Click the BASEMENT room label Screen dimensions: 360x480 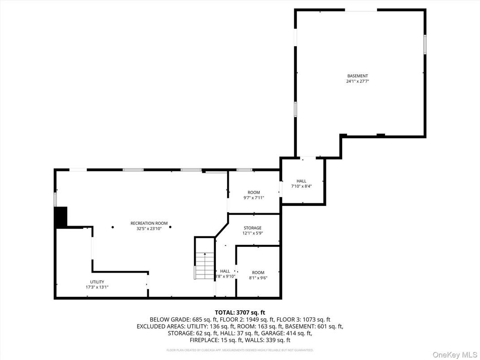[x=357, y=76]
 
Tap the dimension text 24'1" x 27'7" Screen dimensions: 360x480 [x=357, y=81]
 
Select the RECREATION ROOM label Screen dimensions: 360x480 [x=149, y=223]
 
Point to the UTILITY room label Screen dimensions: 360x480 [x=97, y=282]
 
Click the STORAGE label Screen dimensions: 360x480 [x=253, y=228]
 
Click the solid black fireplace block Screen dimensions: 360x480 [x=60, y=217]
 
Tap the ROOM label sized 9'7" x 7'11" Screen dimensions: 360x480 [x=254, y=193]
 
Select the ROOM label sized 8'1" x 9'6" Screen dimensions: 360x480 [x=258, y=272]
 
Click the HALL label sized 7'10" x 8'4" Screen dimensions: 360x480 [x=301, y=181]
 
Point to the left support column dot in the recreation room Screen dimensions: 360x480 [x=113, y=227]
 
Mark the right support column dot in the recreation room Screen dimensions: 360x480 [x=171, y=227]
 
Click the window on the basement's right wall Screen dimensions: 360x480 [x=424, y=45]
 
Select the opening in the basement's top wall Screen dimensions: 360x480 [x=360, y=10]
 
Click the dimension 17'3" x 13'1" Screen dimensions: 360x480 [x=97, y=287]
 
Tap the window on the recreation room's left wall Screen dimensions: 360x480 [x=56, y=199]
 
